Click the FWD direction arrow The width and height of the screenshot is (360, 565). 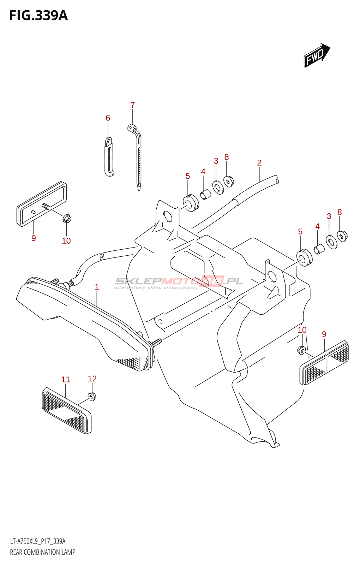[316, 56]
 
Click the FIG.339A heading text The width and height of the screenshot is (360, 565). [38, 16]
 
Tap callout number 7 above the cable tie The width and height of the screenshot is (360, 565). [133, 105]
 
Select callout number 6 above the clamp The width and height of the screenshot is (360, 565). [108, 118]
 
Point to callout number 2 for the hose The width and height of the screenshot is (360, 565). [259, 163]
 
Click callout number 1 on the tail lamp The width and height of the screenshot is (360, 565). [97, 287]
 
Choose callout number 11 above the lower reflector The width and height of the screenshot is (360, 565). [66, 380]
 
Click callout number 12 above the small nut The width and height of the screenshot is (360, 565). [92, 379]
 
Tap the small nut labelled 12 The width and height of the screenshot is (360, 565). [92, 397]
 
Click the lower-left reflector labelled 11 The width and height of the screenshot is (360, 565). [66, 411]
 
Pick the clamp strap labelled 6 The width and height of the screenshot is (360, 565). [109, 157]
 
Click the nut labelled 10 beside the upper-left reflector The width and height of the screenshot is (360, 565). [67, 219]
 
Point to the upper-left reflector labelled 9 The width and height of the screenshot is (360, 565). [41, 204]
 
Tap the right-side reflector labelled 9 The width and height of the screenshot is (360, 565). [324, 363]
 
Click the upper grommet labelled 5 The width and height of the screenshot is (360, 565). [191, 203]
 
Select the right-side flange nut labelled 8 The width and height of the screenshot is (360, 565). [342, 236]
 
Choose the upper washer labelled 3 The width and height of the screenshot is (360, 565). [217, 187]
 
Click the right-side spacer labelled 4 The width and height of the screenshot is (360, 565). [319, 249]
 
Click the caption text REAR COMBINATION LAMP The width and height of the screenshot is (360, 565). [43, 552]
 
